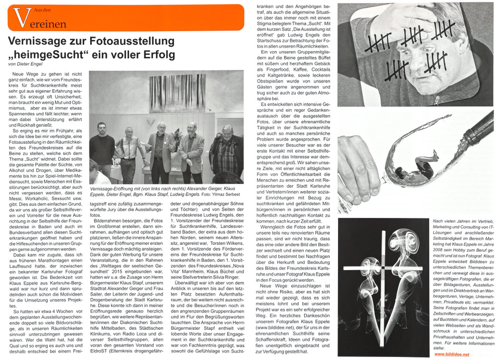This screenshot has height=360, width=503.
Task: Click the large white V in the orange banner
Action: point(20,18)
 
